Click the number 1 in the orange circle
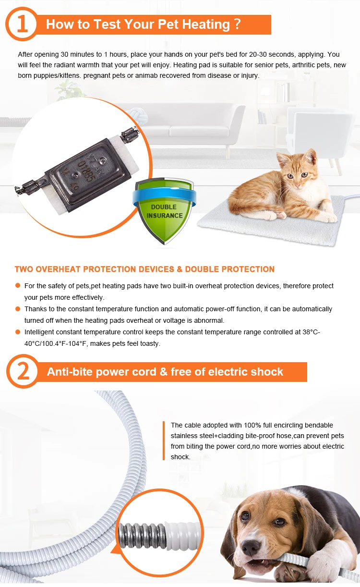pyautogui.click(x=23, y=24)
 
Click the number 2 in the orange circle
pyautogui.click(x=24, y=372)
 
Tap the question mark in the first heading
pyautogui.click(x=238, y=24)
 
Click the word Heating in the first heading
pyautogui.click(x=206, y=24)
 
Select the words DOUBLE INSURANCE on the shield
pyautogui.click(x=165, y=211)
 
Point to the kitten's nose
pyautogui.click(x=298, y=185)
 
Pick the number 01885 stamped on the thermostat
pyautogui.click(x=86, y=171)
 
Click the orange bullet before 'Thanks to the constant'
pyautogui.click(x=18, y=309)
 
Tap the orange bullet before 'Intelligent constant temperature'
pyautogui.click(x=18, y=332)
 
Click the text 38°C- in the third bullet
pyautogui.click(x=312, y=332)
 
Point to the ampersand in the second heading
pyautogui.click(x=163, y=372)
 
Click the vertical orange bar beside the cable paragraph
pyautogui.click(x=164, y=441)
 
